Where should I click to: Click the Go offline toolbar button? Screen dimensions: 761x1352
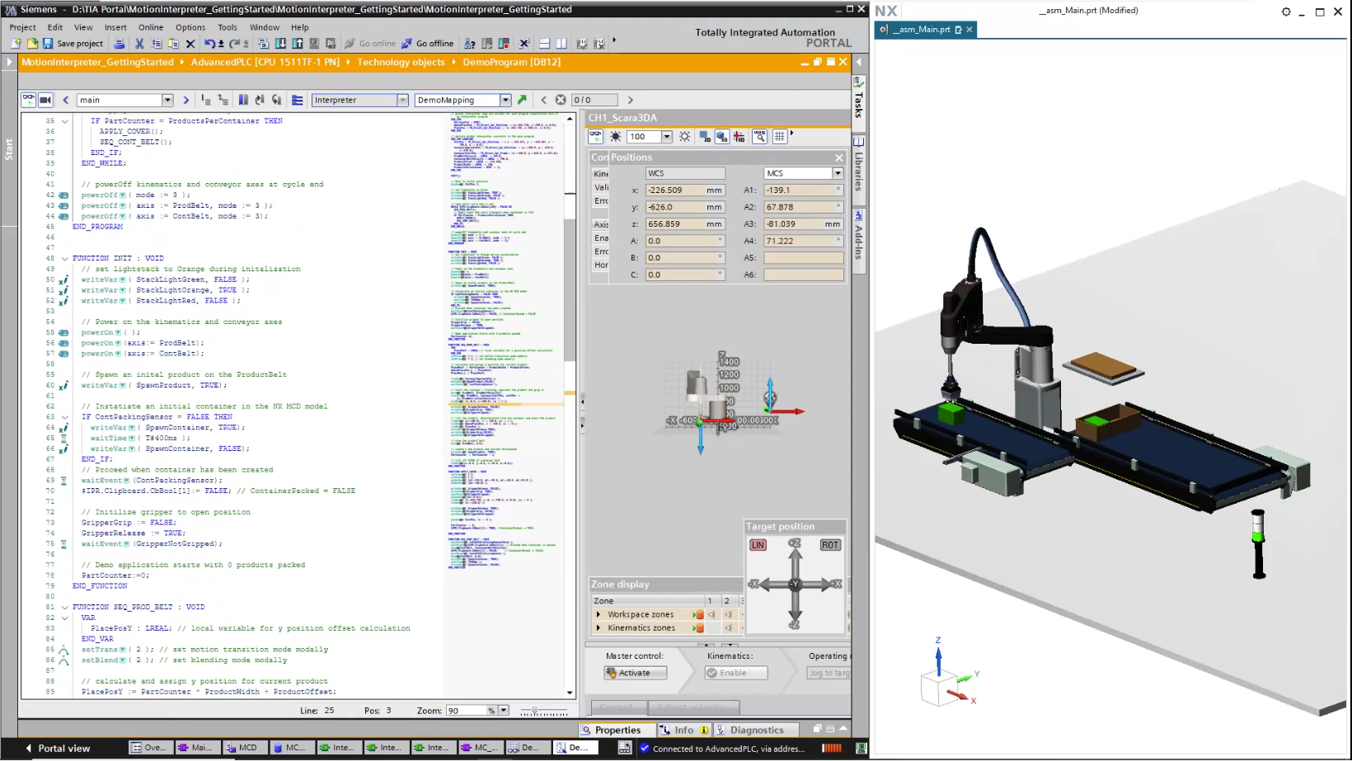click(x=428, y=44)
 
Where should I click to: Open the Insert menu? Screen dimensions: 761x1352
click(x=115, y=27)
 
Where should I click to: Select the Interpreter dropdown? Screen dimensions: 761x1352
click(x=359, y=100)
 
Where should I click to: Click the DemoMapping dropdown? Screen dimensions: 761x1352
click(x=462, y=100)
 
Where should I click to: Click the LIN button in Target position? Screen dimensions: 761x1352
click(x=758, y=545)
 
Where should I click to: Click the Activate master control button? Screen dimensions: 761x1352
click(x=635, y=673)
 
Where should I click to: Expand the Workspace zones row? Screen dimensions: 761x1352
click(x=599, y=614)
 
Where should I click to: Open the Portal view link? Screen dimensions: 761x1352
click(x=63, y=748)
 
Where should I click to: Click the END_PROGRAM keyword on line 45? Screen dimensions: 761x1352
click(x=97, y=227)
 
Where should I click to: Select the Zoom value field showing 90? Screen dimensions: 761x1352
click(x=465, y=711)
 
